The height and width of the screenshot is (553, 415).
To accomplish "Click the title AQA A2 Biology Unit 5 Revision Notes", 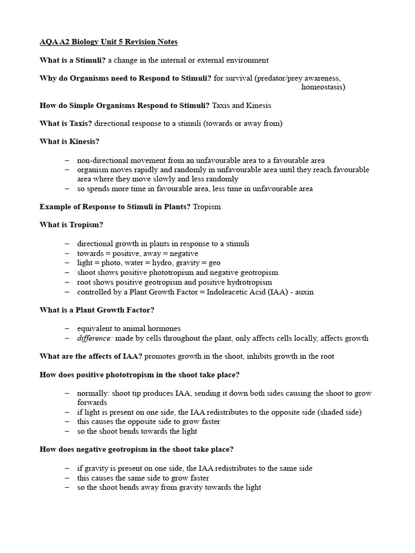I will click(109, 42).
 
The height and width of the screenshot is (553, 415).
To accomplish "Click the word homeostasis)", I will click(323, 86).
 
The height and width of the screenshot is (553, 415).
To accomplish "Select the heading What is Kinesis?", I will click(70, 141).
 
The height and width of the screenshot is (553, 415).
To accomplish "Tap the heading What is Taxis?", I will click(66, 123).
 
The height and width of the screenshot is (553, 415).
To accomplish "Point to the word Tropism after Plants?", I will click(206, 207).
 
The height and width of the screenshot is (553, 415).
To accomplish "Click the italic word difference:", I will click(95, 338).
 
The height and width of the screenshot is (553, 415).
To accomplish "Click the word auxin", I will click(304, 292).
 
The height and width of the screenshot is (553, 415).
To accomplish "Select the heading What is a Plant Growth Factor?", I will click(97, 310).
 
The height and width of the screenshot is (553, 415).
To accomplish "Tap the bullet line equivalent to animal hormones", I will click(129, 328).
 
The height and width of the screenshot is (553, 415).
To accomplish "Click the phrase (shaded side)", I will click(340, 412).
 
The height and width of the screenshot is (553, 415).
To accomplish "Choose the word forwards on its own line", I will click(93, 402).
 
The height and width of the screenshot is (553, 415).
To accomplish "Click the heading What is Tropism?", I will click(71, 225).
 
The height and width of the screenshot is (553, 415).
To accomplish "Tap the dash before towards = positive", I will click(66, 253).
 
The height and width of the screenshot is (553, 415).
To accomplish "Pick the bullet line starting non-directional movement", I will click(200, 160).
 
